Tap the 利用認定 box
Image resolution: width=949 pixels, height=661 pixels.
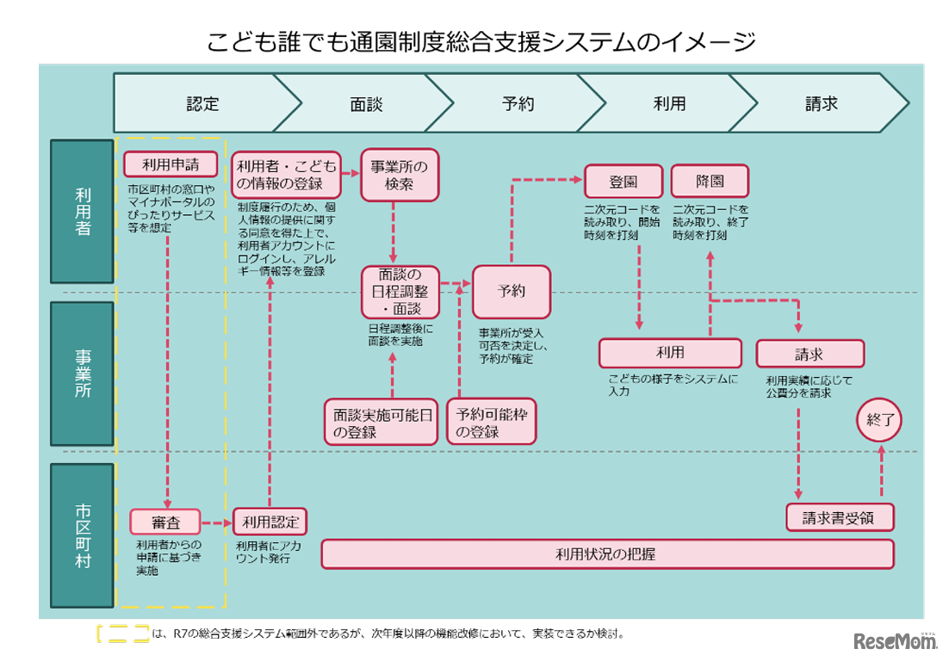tap(270, 521)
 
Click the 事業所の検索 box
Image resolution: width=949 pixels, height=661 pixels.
tap(399, 175)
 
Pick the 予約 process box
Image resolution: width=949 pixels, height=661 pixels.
tap(511, 291)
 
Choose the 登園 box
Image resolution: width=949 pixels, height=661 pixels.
tap(623, 182)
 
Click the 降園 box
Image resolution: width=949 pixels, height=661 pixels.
tap(710, 182)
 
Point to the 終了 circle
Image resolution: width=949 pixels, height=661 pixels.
tap(881, 421)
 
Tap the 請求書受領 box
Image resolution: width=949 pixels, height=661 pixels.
tap(839, 518)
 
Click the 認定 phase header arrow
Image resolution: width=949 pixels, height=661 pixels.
tap(203, 104)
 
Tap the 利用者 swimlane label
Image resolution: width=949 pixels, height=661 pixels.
tap(82, 211)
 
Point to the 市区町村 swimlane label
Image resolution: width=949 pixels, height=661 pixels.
tap(82, 535)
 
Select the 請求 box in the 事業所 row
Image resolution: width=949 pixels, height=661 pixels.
tap(809, 353)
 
